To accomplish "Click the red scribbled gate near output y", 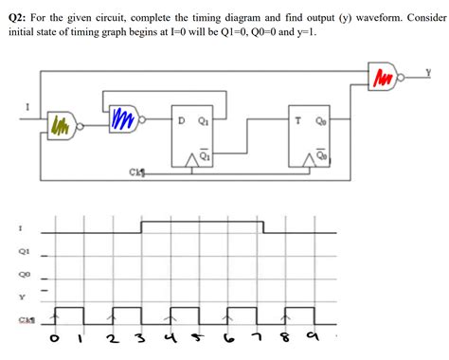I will (383, 73).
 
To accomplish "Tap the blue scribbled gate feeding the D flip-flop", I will (122, 118).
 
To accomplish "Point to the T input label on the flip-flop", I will (300, 120).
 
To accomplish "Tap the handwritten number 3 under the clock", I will (140, 339).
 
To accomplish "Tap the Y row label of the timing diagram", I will (20, 295).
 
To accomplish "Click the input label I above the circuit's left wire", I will (27, 106).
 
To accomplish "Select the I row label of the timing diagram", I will (20, 228).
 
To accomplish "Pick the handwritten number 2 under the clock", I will (115, 339).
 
